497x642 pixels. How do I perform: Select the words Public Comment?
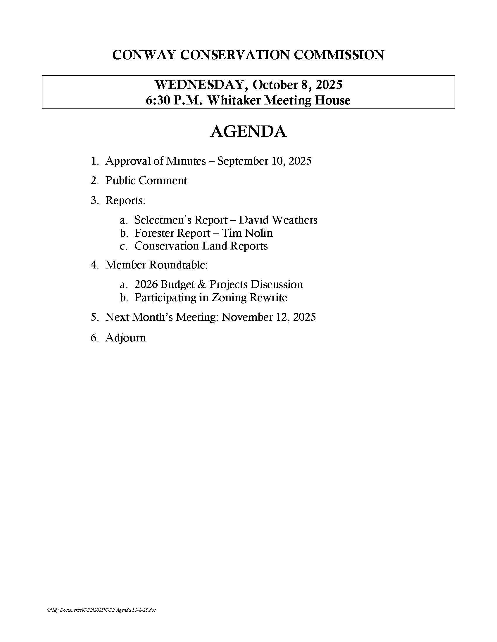146,180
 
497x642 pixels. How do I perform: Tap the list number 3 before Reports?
94,200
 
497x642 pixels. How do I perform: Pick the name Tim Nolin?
247,233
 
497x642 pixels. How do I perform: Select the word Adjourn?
125,338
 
